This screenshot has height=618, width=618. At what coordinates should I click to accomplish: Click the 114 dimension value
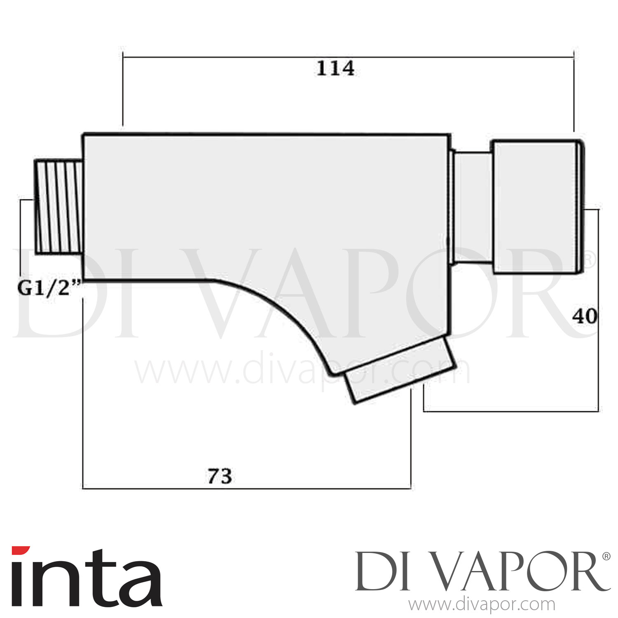335,68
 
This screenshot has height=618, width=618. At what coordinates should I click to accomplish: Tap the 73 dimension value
220,477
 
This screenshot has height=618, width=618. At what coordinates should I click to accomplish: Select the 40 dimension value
584,316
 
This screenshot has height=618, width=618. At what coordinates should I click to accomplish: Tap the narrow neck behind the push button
473,207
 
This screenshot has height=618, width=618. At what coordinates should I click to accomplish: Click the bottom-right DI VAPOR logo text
478,573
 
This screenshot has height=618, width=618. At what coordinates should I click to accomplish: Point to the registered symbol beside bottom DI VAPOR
606,556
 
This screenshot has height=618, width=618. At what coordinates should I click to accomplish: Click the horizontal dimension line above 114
348,57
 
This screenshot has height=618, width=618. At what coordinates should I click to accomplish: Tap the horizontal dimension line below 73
247,489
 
